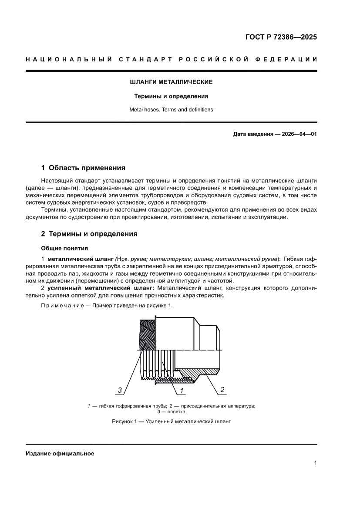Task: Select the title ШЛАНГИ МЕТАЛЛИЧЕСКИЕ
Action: point(171,82)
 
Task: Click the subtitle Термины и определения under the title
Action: point(171,96)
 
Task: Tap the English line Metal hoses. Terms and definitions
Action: point(171,110)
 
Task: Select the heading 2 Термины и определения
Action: point(89,234)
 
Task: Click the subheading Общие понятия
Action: point(64,249)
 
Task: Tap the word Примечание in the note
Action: point(59,305)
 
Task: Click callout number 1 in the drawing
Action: point(181,390)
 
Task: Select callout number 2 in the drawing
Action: point(222,390)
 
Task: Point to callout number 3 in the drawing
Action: point(120,390)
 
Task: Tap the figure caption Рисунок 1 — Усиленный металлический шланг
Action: point(171,421)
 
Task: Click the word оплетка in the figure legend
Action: point(176,411)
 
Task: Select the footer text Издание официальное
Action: point(60,453)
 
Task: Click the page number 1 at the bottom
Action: point(315,463)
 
